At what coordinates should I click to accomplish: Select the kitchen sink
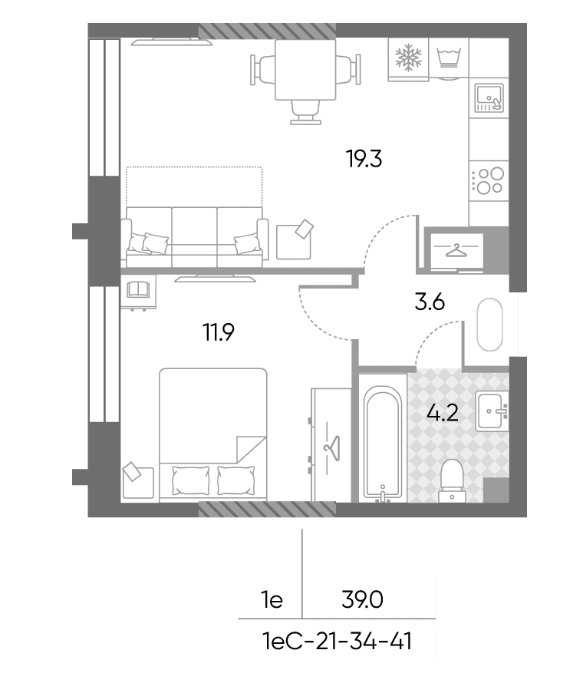489,97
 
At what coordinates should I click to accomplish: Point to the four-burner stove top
489,181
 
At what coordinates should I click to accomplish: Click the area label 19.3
364,159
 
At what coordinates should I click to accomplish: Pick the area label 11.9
219,332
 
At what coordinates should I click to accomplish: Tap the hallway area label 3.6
430,302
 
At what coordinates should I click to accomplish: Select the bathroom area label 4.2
443,412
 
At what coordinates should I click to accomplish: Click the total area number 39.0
362,600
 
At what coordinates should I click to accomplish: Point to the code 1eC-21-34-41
338,642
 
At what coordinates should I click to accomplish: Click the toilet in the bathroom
452,481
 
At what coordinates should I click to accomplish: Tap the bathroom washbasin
492,411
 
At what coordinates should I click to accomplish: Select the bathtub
383,445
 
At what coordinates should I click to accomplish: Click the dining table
305,70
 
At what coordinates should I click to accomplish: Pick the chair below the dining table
305,112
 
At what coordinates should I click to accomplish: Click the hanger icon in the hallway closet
456,250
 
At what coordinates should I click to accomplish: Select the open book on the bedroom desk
138,289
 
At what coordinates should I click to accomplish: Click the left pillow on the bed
191,480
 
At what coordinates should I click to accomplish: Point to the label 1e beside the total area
272,600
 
